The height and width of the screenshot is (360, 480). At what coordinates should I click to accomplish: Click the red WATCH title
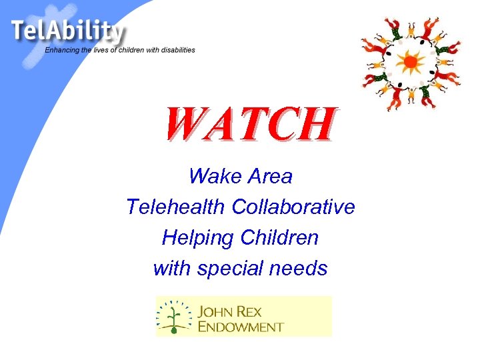click(249, 125)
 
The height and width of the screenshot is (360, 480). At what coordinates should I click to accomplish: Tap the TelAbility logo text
click(67, 31)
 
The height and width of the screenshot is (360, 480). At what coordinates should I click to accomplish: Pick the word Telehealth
click(176, 207)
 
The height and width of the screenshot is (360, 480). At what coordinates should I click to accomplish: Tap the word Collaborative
click(293, 207)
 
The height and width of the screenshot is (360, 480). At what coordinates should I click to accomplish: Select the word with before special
click(170, 269)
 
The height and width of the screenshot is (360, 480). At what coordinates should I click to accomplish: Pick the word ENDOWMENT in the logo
click(241, 327)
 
